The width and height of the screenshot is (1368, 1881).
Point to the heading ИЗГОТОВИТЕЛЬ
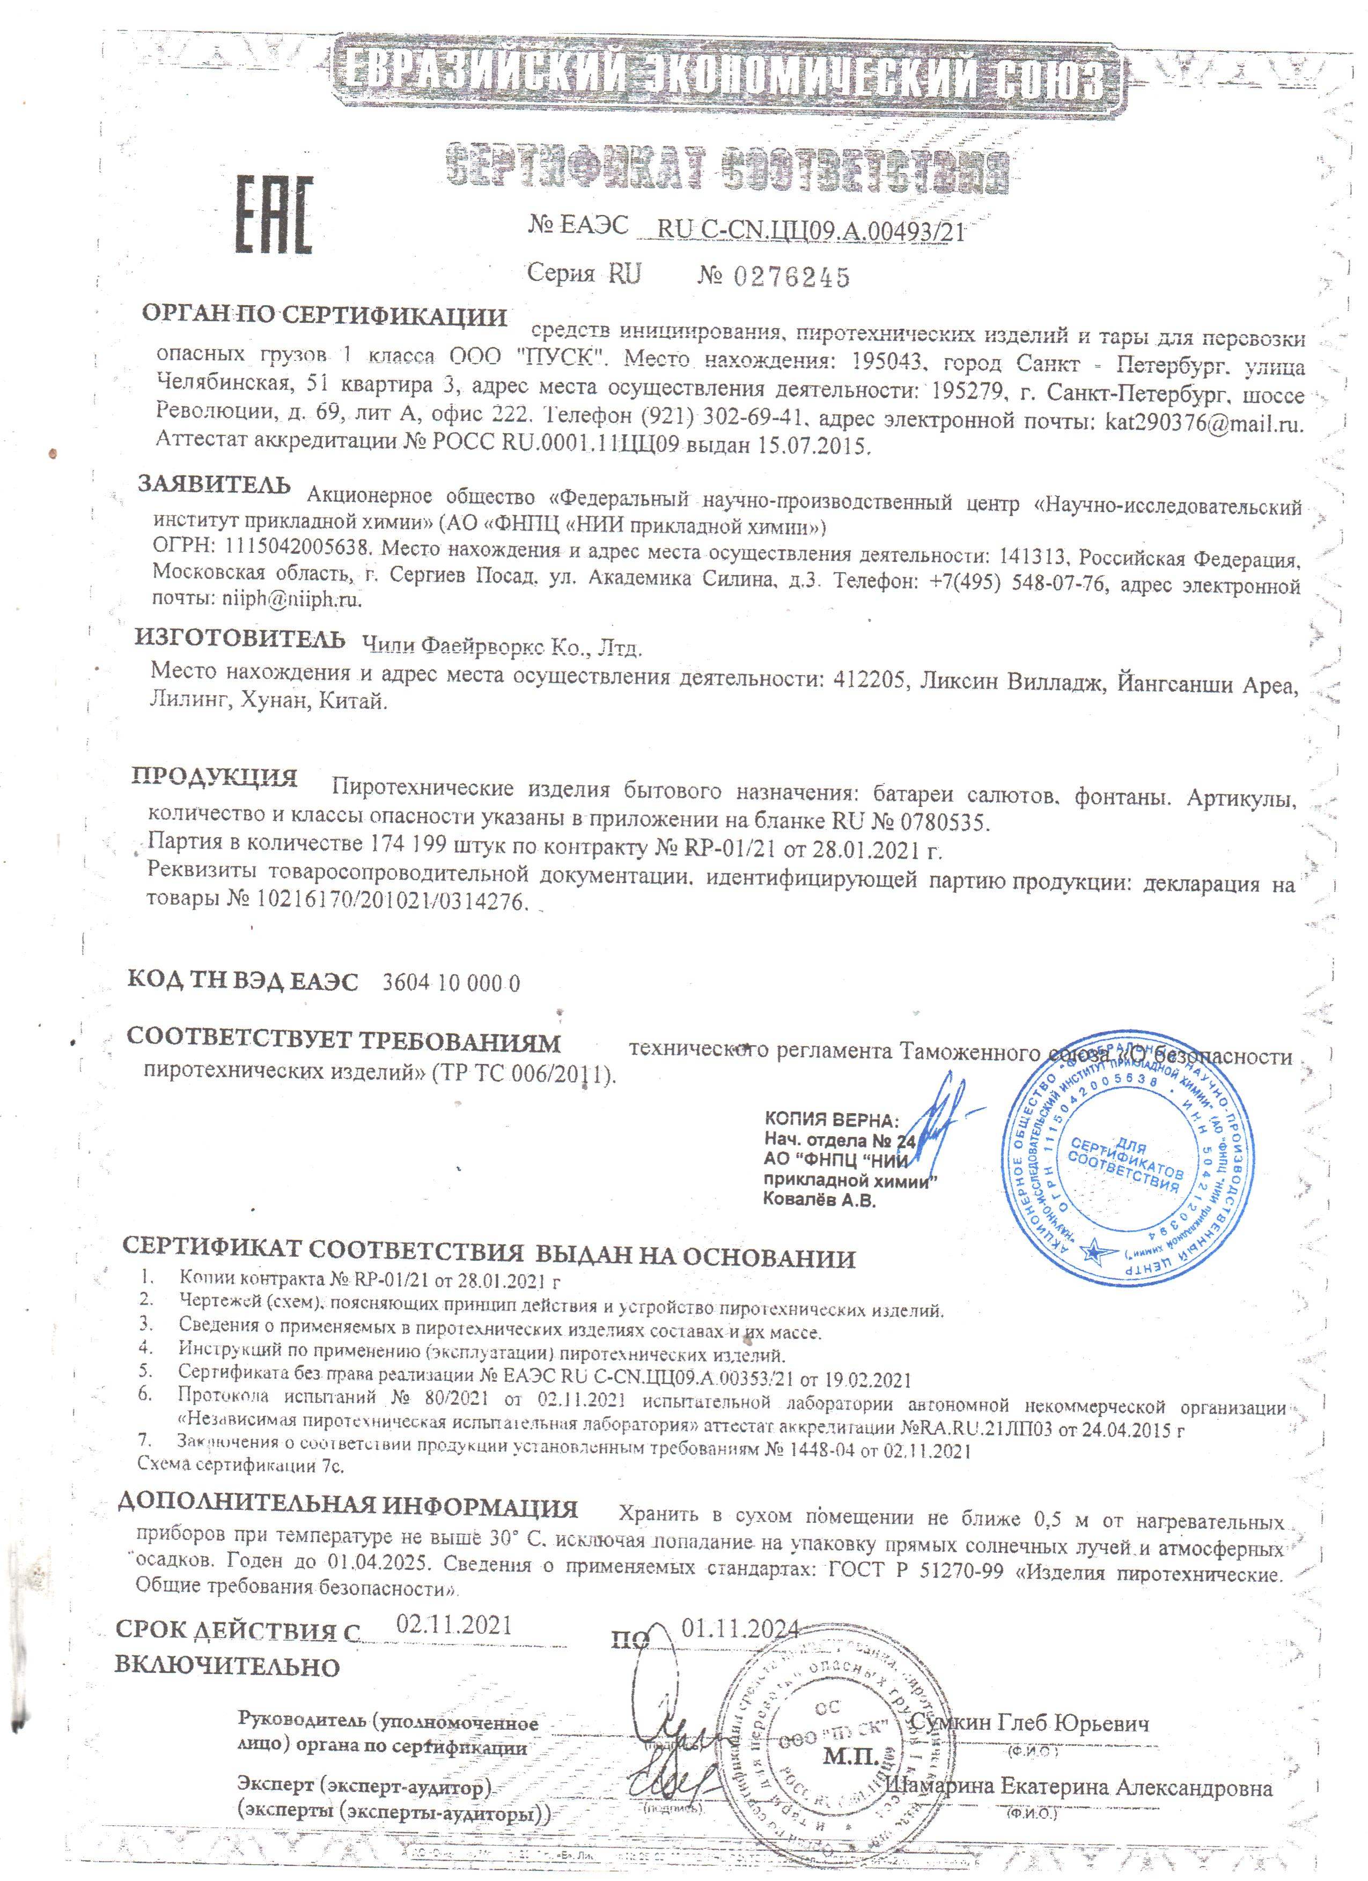240,639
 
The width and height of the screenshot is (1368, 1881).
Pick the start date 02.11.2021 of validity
454,1624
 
